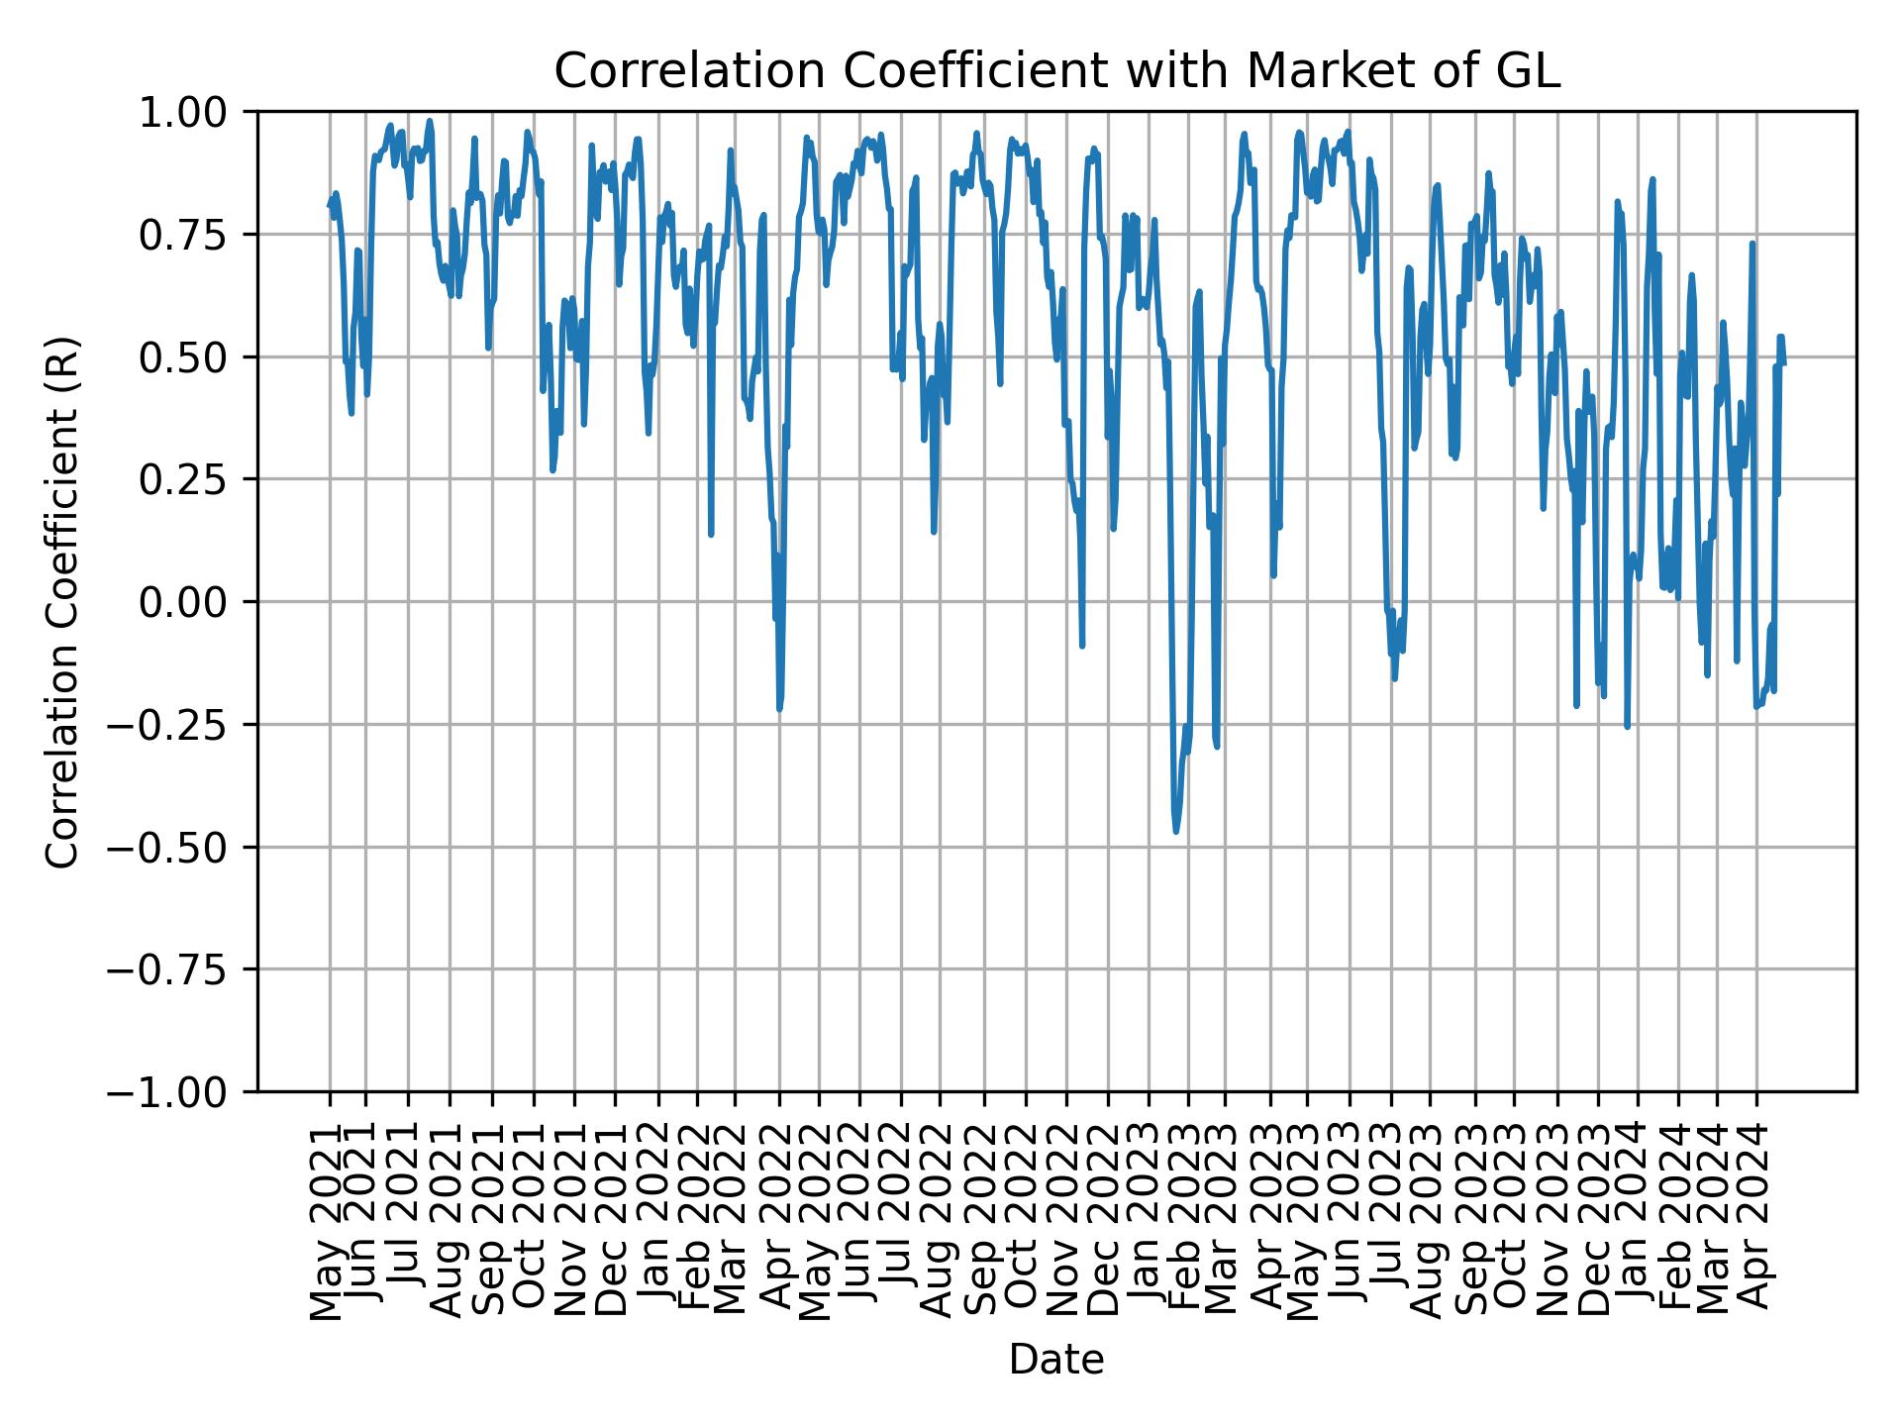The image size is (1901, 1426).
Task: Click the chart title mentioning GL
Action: coord(1056,71)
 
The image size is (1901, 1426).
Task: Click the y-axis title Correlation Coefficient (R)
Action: coord(62,601)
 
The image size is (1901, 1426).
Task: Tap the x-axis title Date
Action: coord(1056,1360)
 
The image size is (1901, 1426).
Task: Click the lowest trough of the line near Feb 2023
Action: coord(1175,831)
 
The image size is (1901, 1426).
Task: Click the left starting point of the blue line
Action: coord(329,206)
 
